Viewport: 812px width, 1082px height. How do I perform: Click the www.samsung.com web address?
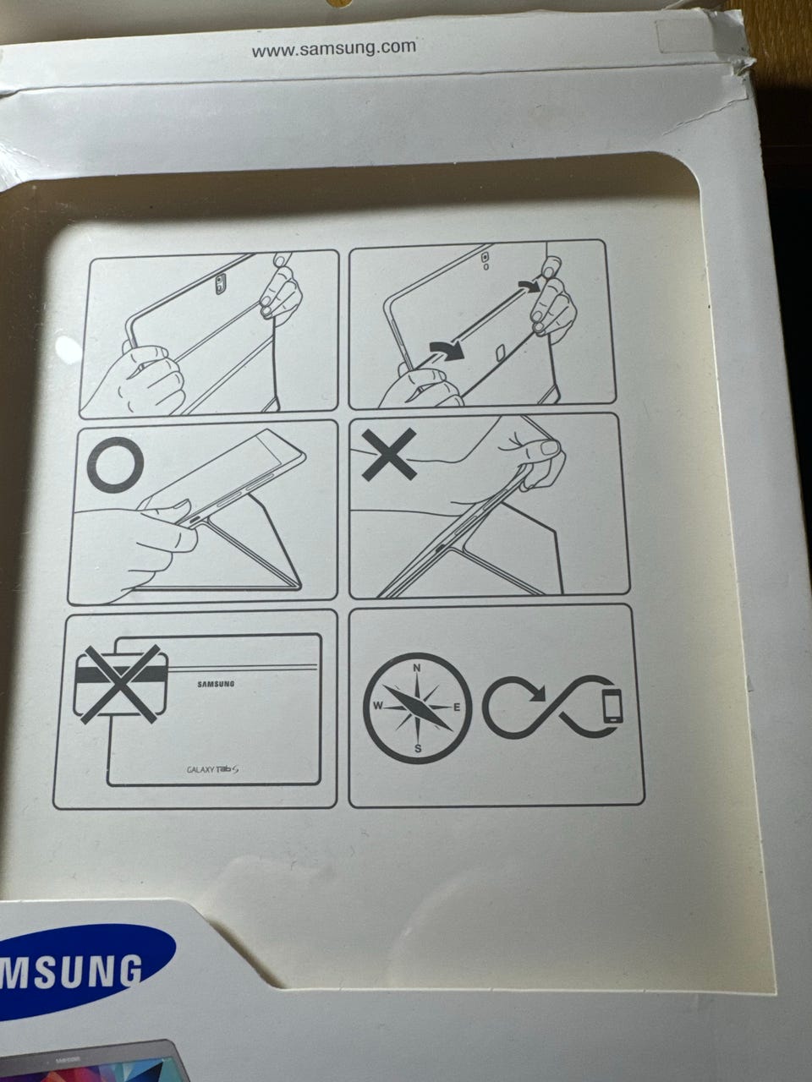click(334, 49)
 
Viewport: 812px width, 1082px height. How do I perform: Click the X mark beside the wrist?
click(389, 454)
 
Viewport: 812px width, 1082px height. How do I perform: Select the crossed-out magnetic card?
click(120, 684)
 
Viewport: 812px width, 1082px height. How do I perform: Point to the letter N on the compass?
click(417, 669)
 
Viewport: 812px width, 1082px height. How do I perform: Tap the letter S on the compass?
click(418, 750)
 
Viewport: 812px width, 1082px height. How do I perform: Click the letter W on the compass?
click(377, 706)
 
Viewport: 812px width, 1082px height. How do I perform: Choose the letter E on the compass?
click(457, 708)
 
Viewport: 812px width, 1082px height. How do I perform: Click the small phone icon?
click(612, 706)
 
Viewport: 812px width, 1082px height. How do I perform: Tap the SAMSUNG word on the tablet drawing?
click(216, 684)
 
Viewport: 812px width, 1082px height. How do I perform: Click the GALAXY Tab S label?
click(212, 769)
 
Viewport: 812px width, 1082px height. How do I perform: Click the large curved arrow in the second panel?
click(447, 350)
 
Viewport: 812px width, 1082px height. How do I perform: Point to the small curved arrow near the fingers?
click(529, 287)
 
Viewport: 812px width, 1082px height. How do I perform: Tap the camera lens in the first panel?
click(219, 283)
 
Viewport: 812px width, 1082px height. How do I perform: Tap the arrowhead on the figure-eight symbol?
click(539, 693)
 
